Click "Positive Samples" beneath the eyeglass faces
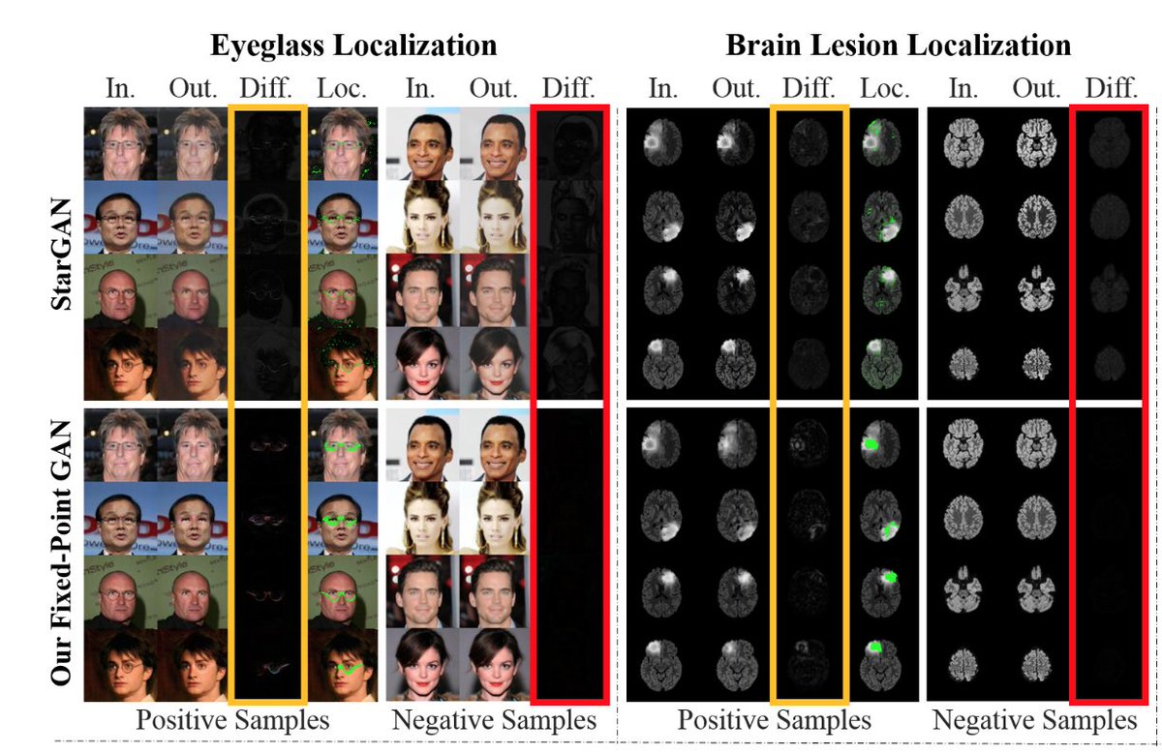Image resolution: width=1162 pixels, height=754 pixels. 232,720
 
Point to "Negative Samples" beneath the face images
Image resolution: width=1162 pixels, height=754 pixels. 493,720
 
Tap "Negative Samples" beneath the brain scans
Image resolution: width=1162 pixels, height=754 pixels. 1034,720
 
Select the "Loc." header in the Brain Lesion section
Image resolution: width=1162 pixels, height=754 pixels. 885,89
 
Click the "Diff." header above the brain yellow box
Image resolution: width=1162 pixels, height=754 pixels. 809,89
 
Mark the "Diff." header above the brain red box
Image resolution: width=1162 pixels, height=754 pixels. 1110,89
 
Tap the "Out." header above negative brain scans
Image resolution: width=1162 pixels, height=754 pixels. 1036,89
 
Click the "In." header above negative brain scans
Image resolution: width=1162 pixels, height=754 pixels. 962,89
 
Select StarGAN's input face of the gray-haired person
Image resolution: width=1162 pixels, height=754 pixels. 120,143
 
